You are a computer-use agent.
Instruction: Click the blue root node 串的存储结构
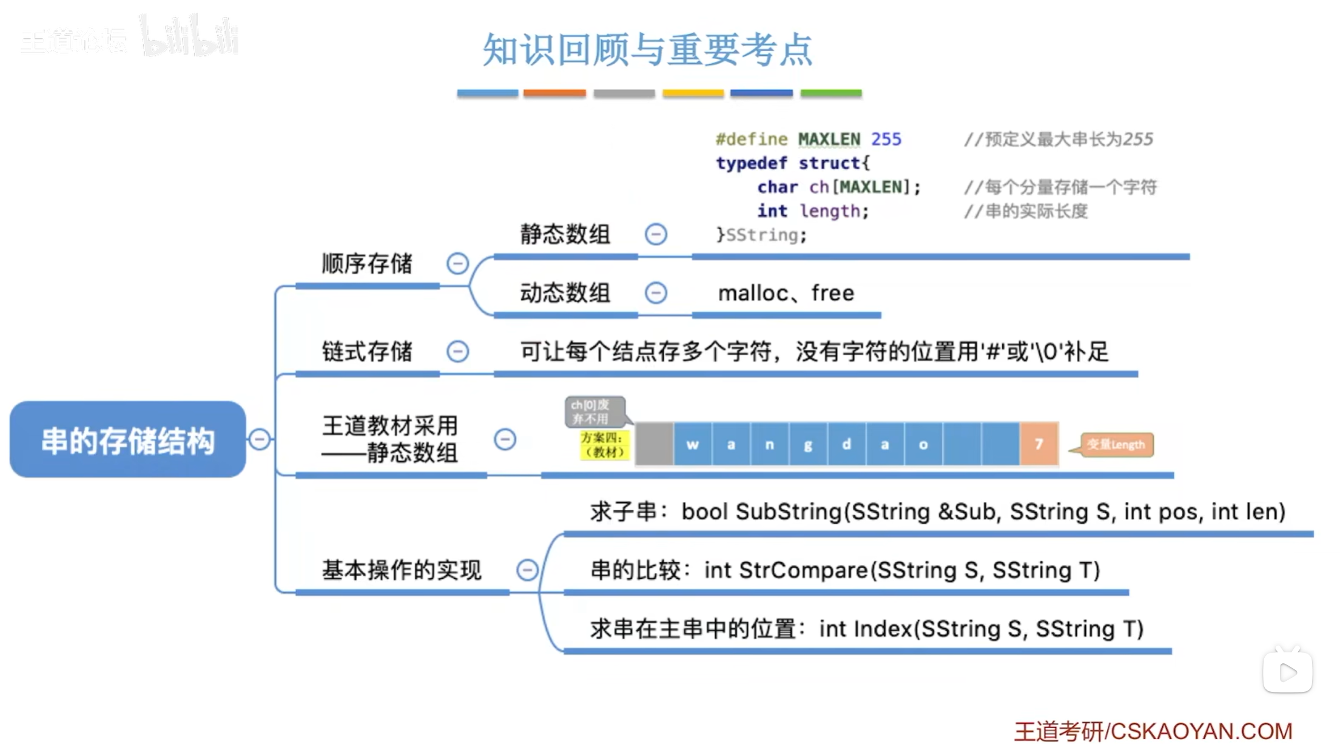coord(127,439)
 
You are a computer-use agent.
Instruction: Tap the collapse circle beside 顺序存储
coord(457,263)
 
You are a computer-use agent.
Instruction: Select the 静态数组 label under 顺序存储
coord(565,234)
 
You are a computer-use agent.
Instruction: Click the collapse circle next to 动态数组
coord(656,293)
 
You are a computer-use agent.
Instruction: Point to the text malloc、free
coord(786,293)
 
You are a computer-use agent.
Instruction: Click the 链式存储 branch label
coord(367,351)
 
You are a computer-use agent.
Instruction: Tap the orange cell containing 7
coord(1039,444)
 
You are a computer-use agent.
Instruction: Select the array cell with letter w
coord(693,444)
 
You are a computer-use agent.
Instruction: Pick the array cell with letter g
coord(808,444)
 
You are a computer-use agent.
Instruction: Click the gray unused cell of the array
coord(654,444)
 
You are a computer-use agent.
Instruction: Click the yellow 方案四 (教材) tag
coord(604,445)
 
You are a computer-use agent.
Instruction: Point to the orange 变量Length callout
coord(1116,444)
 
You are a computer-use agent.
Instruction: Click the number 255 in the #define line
coord(886,139)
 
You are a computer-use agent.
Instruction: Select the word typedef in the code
coord(751,163)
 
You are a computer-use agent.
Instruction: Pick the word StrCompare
coord(804,570)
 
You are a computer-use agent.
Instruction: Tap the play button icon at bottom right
coord(1287,672)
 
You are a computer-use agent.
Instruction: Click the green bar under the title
coord(830,93)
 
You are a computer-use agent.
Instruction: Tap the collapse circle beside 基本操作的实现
coord(527,569)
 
